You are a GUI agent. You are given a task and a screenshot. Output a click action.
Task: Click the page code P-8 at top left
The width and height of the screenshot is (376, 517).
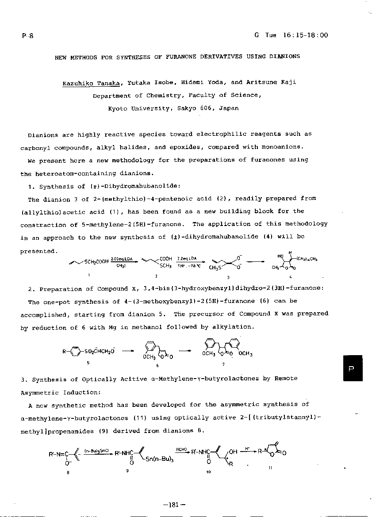point(27,36)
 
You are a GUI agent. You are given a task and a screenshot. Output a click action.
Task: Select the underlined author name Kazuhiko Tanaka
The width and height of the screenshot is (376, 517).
point(92,83)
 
